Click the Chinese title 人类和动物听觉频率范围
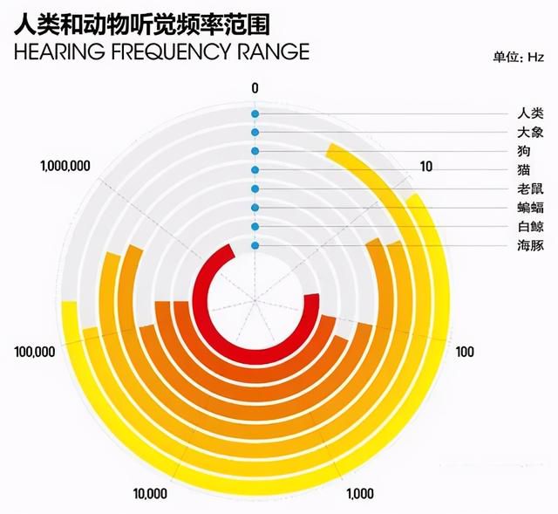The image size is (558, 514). click(x=141, y=24)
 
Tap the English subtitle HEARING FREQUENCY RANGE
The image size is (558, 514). click(x=161, y=51)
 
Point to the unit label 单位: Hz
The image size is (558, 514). click(x=518, y=57)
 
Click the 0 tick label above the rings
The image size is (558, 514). click(x=255, y=88)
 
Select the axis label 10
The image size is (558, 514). click(x=426, y=167)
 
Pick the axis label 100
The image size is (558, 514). click(x=465, y=352)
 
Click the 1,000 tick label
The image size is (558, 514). click(x=360, y=494)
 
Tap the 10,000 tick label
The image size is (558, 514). click(x=150, y=494)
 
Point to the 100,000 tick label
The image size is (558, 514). click(x=35, y=352)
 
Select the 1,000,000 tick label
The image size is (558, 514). click(x=65, y=166)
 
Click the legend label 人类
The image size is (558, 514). click(x=531, y=113)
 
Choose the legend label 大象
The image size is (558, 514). click(x=531, y=133)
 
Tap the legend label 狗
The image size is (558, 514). click(x=524, y=151)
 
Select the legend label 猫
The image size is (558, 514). click(x=524, y=170)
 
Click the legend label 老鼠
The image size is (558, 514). click(x=531, y=188)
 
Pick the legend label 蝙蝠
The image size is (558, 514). click(x=531, y=208)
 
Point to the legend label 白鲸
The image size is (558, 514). click(x=531, y=227)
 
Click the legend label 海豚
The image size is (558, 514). click(x=531, y=245)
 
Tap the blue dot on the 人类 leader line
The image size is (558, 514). click(x=255, y=114)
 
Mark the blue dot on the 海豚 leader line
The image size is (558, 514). click(x=255, y=245)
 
